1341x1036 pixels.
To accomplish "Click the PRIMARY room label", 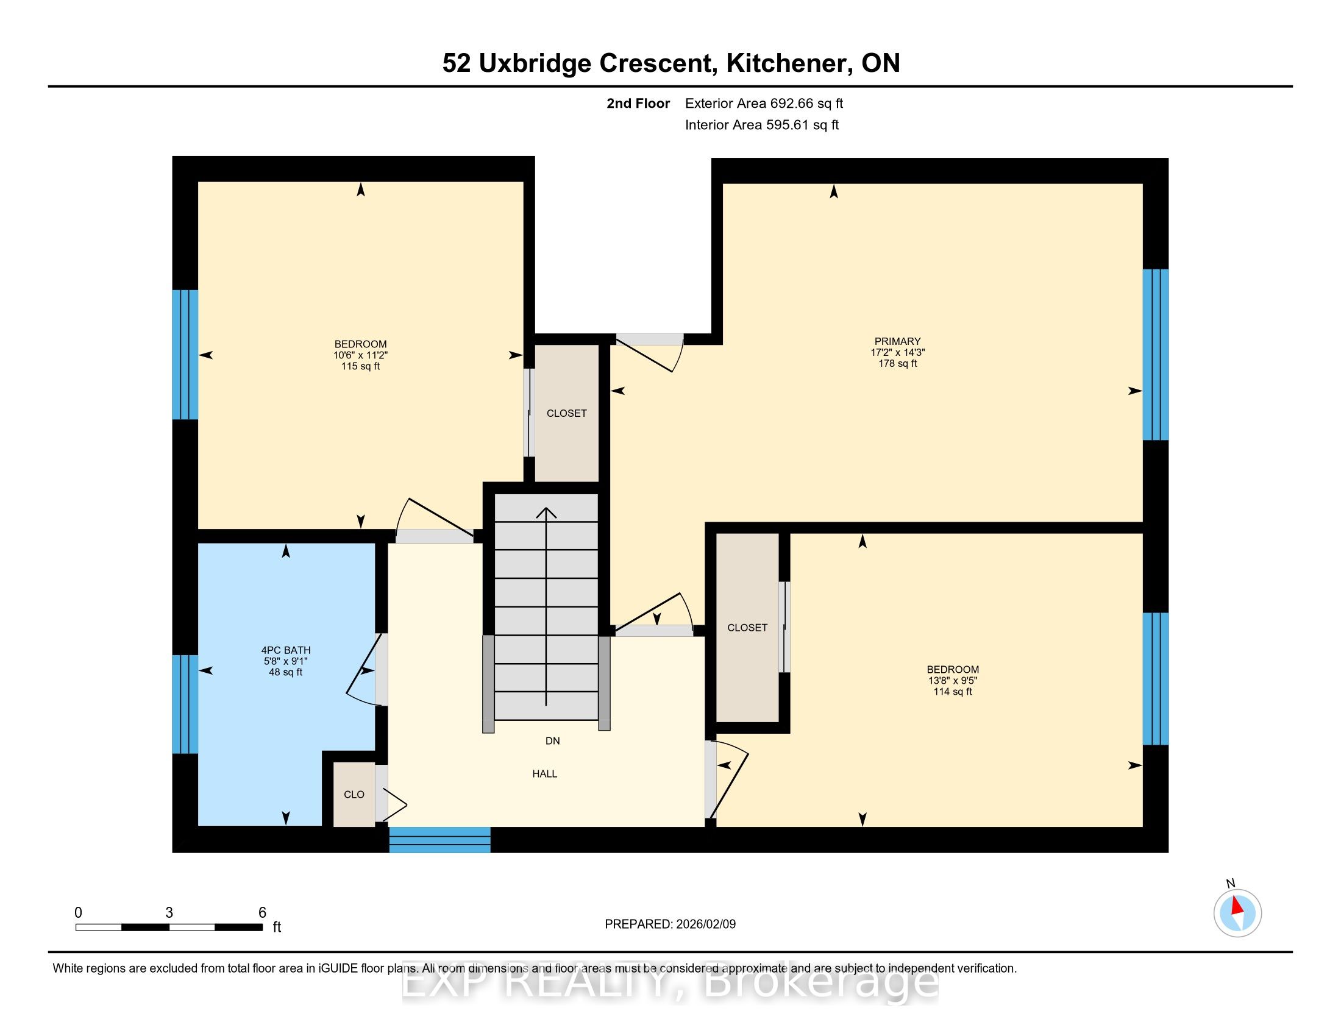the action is [897, 341].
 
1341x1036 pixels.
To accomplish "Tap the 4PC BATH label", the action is [285, 650].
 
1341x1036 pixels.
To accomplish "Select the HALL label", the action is [544, 774].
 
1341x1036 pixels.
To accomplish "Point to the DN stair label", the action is [553, 741].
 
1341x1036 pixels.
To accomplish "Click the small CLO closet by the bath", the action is [354, 794].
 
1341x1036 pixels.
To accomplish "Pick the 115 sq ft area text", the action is [360, 366].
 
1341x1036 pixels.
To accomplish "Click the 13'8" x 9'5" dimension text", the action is [952, 681].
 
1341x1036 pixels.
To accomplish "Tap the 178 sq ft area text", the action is [898, 363].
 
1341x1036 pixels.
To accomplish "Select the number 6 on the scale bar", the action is [262, 913].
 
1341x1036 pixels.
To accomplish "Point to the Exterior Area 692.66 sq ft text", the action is [764, 103].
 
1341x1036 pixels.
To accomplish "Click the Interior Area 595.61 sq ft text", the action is [761, 124].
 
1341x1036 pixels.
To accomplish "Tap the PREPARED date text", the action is [670, 924].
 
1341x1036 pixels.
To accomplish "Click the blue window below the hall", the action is [439, 840].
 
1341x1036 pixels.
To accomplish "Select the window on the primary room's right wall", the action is [1155, 355].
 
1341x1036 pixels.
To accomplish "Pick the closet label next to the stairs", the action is [566, 414].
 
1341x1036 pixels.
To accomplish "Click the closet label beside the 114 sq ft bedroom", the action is [747, 627].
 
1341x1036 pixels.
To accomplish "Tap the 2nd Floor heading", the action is [638, 103].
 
